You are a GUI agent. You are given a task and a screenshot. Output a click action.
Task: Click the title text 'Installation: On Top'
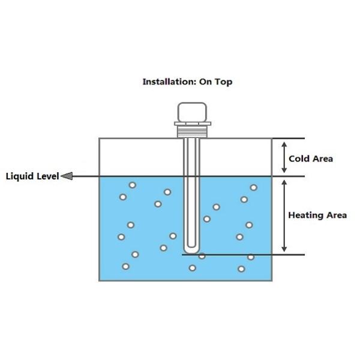coord(187,82)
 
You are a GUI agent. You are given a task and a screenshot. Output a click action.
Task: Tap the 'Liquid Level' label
coord(32,176)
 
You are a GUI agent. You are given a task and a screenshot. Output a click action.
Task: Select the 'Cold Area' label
coord(310,159)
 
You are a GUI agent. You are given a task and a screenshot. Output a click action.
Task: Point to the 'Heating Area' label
coord(317,215)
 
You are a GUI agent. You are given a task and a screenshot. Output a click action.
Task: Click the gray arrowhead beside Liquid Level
coord(67,176)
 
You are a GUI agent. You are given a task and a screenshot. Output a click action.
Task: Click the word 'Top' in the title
coord(223,82)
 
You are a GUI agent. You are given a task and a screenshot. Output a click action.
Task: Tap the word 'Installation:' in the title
coord(165,82)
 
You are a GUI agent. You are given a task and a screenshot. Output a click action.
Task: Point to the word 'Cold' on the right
coord(299,159)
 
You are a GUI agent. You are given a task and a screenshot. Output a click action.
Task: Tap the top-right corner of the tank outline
coord(272,139)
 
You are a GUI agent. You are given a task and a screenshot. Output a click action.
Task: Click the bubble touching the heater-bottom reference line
coord(202,256)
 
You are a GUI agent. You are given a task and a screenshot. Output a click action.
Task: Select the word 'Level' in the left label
coord(47,176)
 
